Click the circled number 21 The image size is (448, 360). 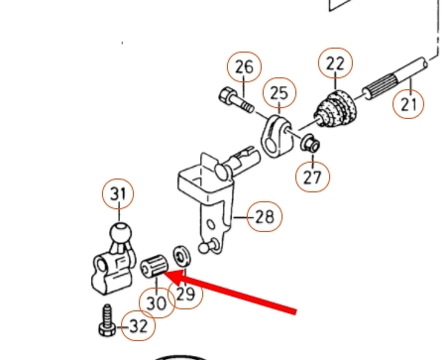[408, 104]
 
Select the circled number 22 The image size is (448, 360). [335, 62]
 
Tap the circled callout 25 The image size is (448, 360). [280, 93]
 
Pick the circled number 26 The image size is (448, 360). [244, 67]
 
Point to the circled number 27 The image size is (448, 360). [312, 177]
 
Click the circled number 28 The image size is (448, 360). [265, 216]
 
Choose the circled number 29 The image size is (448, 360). [185, 294]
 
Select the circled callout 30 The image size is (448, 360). [157, 302]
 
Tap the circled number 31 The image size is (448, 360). [119, 194]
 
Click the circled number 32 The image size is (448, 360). [138, 326]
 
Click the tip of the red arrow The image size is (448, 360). [164, 274]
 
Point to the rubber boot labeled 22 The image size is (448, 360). [335, 108]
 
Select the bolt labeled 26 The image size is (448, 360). [236, 99]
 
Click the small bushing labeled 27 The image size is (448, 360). [310, 143]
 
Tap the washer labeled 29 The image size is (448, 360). [181, 256]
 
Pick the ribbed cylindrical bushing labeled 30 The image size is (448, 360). [155, 266]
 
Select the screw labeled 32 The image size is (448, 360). [107, 320]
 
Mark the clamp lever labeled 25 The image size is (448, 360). [278, 136]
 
